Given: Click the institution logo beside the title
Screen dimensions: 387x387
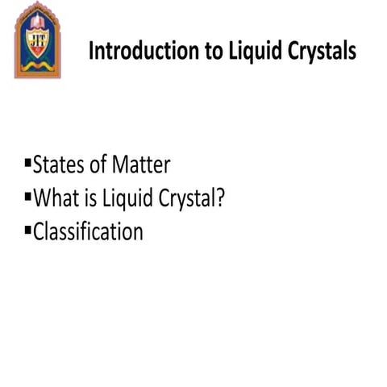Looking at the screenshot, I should click(x=38, y=40).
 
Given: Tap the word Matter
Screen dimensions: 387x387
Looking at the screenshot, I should click(x=140, y=166).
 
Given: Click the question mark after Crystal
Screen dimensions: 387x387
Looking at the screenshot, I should click(x=218, y=199).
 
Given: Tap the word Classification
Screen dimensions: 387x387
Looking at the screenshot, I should click(x=88, y=232).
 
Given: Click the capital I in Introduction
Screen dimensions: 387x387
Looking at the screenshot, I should click(x=91, y=51).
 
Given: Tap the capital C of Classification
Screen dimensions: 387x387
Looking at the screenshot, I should click(x=39, y=232).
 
